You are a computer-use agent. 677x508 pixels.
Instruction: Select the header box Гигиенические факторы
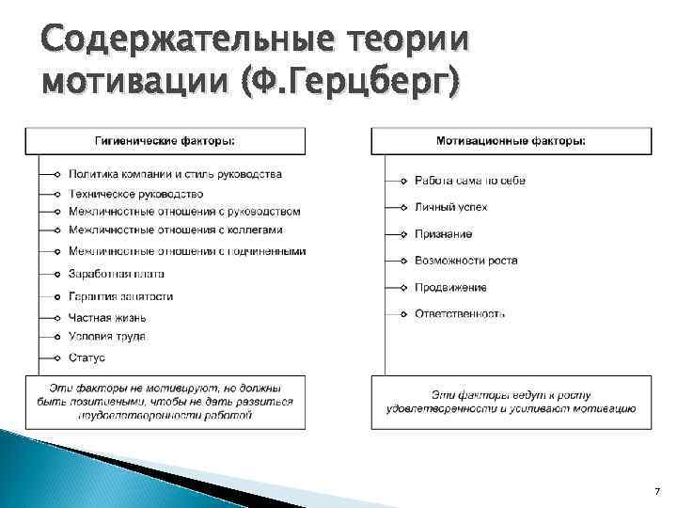tap(165, 141)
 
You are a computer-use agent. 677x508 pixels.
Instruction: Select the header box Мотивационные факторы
tap(511, 141)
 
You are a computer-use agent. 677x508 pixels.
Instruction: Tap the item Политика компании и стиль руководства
tap(175, 175)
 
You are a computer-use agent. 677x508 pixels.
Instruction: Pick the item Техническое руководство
tap(129, 193)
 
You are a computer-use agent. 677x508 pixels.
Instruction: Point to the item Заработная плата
tap(117, 274)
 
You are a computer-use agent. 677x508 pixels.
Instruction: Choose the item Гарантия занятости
tap(120, 296)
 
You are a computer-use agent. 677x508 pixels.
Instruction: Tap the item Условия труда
tap(106, 336)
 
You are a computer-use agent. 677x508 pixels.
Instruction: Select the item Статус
tap(87, 358)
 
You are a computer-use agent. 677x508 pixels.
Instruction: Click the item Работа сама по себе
tap(469, 181)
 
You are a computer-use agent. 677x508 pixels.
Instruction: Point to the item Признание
tap(443, 234)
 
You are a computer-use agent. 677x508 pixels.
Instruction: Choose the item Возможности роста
tap(465, 261)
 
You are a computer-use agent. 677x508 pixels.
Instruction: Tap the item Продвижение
tap(450, 287)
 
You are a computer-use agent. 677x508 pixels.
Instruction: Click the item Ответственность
tap(460, 313)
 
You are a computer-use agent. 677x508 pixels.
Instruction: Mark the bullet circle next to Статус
tap(57, 358)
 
